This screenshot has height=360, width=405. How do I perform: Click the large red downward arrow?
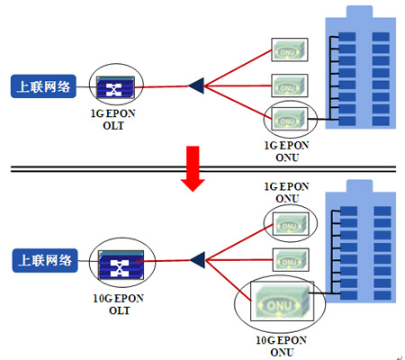click(x=193, y=168)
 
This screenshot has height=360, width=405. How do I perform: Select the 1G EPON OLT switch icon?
click(x=115, y=87)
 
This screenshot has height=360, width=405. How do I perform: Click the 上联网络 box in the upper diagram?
click(x=43, y=86)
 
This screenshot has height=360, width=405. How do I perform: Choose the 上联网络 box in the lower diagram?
click(x=45, y=260)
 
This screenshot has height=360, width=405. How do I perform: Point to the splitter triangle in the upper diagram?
click(x=196, y=85)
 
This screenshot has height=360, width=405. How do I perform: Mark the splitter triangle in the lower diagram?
click(x=197, y=260)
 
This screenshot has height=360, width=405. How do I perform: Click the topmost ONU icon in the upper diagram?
click(x=290, y=49)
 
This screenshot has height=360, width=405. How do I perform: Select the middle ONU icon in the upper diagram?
click(x=290, y=85)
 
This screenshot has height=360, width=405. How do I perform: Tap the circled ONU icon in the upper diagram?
click(x=290, y=119)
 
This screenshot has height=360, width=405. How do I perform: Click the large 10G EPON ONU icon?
click(x=282, y=301)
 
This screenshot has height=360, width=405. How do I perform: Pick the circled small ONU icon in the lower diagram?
click(x=291, y=224)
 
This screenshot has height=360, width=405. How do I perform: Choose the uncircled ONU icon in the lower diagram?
click(x=291, y=260)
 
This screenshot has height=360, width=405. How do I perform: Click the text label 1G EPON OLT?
click(x=113, y=120)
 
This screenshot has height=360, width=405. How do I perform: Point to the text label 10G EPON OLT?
click(x=119, y=304)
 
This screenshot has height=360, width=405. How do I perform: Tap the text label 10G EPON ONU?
click(x=282, y=346)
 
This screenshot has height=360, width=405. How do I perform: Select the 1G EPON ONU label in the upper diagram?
click(x=287, y=151)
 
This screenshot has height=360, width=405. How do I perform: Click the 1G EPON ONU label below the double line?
click(x=287, y=193)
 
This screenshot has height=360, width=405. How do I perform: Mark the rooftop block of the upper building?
click(x=360, y=12)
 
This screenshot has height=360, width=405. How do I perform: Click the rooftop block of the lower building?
click(x=360, y=186)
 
